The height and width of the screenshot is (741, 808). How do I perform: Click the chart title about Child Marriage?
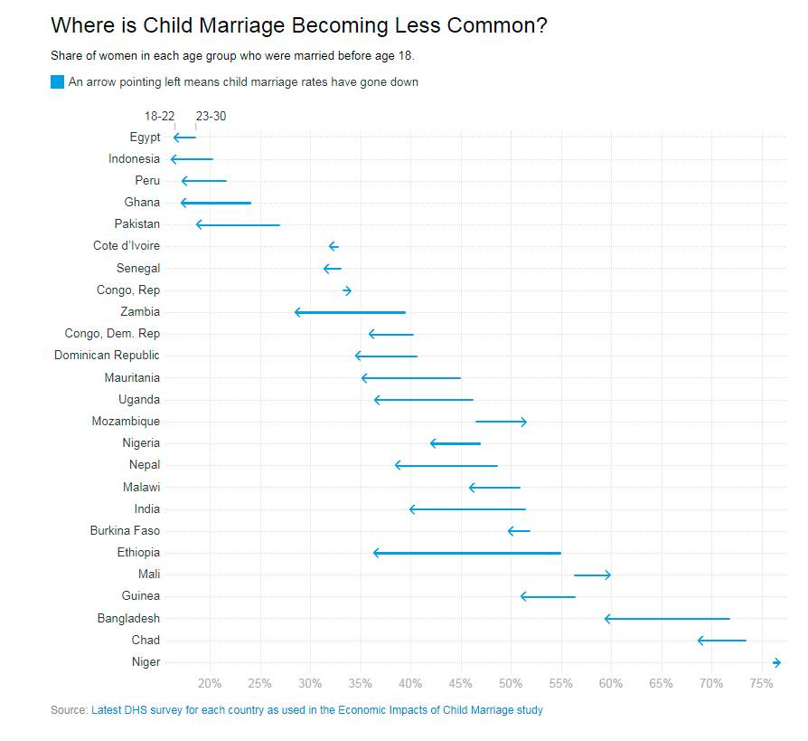tap(298, 26)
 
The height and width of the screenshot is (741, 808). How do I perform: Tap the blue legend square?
tap(58, 82)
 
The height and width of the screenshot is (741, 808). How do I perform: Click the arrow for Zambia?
tap(350, 312)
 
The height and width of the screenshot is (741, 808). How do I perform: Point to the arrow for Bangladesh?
tap(667, 619)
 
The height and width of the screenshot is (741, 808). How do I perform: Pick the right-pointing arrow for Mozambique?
tap(501, 422)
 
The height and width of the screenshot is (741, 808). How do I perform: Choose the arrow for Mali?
tap(593, 575)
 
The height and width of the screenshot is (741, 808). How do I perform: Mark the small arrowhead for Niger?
tap(776, 662)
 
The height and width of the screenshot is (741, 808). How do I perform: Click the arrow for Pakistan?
tap(238, 224)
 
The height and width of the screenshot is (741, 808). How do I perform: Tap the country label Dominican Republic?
tap(107, 356)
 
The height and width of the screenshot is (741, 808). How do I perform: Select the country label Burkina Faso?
tap(125, 531)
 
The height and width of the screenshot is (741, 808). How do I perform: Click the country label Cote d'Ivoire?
tap(127, 246)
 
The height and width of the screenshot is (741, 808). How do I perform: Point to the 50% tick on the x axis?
tap(511, 683)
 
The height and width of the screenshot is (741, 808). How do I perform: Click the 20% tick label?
tap(210, 683)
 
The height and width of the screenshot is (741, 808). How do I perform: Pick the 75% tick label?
tap(761, 683)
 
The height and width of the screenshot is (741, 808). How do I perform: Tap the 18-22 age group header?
tap(159, 117)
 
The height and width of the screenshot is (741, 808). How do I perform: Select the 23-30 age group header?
tap(211, 117)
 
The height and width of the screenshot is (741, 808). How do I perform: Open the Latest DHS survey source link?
tap(317, 710)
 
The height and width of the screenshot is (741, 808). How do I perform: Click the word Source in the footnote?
tap(69, 710)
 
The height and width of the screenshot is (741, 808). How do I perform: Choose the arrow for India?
tap(467, 509)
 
